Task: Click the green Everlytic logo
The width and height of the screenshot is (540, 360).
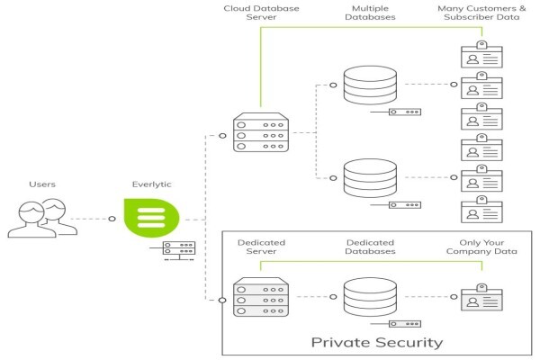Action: [151, 218]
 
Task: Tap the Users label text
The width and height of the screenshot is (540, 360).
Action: [42, 184]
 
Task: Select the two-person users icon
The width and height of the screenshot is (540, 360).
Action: [42, 218]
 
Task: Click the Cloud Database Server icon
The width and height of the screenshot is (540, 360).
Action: [261, 132]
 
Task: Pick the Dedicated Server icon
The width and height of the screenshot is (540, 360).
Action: [261, 297]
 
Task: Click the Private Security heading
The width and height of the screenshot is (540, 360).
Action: [377, 342]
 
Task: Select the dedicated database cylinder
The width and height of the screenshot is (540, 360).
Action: [370, 297]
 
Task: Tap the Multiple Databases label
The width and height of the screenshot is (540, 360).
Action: [370, 13]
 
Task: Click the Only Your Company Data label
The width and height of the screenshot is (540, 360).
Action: [481, 247]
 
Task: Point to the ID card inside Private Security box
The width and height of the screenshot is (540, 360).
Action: [481, 297]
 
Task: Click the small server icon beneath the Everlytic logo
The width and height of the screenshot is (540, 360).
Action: [179, 250]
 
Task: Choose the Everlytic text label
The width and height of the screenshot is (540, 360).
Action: [151, 184]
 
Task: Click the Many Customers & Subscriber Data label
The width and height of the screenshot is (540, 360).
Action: [481, 13]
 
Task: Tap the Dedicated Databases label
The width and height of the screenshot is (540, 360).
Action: [370, 247]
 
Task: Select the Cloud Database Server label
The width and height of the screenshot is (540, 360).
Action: [261, 13]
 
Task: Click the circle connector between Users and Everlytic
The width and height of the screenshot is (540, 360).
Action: [112, 219]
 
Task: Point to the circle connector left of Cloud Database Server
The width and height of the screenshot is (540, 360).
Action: [223, 136]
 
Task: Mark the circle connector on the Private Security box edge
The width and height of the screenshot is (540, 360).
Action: [223, 300]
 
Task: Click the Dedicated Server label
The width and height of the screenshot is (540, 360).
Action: [261, 247]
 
